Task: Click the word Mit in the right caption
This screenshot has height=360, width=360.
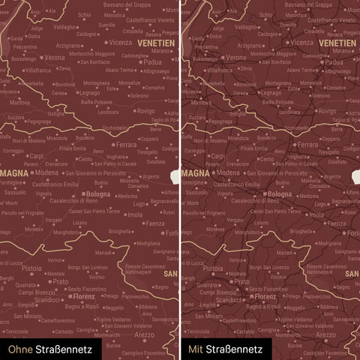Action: point(196,349)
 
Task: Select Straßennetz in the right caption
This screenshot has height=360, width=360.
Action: point(235,349)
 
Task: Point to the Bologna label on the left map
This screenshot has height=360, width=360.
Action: point(97,194)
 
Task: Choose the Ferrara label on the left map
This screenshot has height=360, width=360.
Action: point(126,144)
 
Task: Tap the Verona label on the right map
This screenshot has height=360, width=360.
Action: point(235,57)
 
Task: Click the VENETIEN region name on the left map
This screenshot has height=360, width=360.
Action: point(157,43)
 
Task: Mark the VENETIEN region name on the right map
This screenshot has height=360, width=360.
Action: point(337,43)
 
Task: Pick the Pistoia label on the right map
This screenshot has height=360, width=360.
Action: point(214,268)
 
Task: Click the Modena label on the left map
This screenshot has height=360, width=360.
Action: point(46,172)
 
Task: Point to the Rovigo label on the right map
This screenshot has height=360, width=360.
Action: point(325,110)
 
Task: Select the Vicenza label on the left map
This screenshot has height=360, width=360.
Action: point(120,43)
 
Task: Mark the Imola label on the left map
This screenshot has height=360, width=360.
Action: point(135,214)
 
